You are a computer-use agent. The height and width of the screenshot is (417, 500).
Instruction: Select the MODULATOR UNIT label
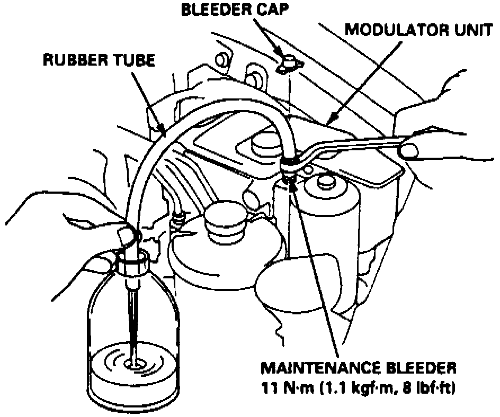pyautogui.click(x=418, y=30)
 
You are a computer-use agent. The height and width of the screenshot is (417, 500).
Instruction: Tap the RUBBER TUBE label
pyautogui.click(x=99, y=60)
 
